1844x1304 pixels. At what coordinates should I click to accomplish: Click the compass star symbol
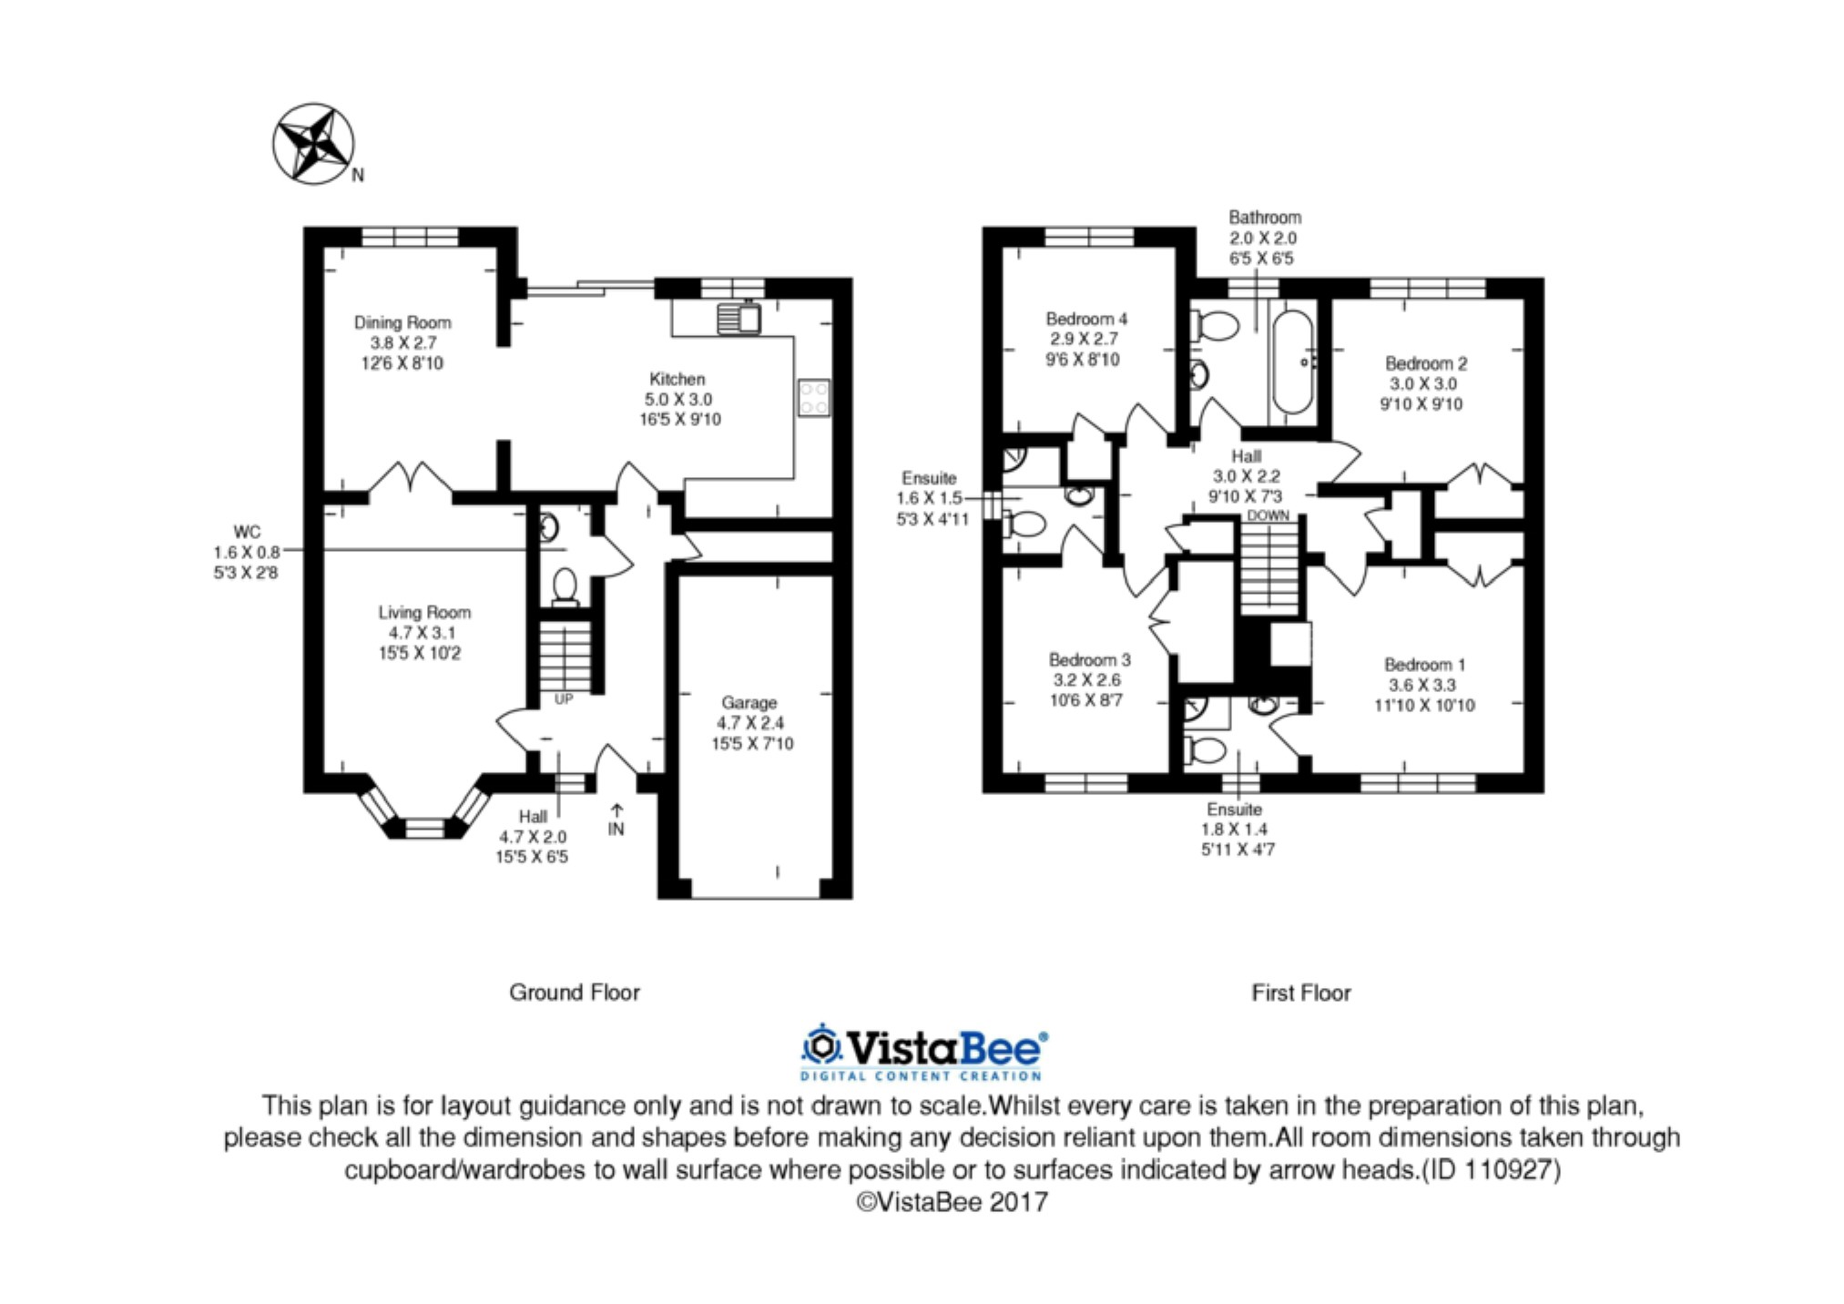[314, 143]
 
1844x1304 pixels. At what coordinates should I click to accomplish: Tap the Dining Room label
[402, 322]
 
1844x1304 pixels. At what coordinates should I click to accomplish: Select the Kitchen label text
[677, 379]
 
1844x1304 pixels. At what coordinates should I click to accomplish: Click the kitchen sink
[739, 318]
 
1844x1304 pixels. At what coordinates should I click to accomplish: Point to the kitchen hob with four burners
[813, 397]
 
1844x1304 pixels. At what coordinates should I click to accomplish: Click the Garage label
[749, 703]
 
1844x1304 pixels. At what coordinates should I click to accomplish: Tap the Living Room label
[424, 613]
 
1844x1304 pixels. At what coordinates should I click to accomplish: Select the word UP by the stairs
[564, 699]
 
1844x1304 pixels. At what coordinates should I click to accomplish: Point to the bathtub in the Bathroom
[1293, 362]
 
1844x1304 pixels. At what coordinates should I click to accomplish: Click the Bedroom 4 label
[1086, 319]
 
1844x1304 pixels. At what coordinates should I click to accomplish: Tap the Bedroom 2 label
[1426, 363]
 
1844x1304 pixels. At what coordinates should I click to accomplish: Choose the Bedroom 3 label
[1089, 659]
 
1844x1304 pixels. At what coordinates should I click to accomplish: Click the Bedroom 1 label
[1424, 665]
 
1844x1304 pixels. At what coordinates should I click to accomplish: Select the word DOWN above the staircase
[1268, 515]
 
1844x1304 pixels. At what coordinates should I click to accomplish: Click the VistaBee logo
[923, 1052]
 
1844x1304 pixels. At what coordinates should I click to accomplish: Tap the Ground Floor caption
[575, 993]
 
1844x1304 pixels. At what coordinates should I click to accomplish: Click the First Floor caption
[1301, 993]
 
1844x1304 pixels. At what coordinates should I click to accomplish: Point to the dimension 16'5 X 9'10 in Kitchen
[680, 420]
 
